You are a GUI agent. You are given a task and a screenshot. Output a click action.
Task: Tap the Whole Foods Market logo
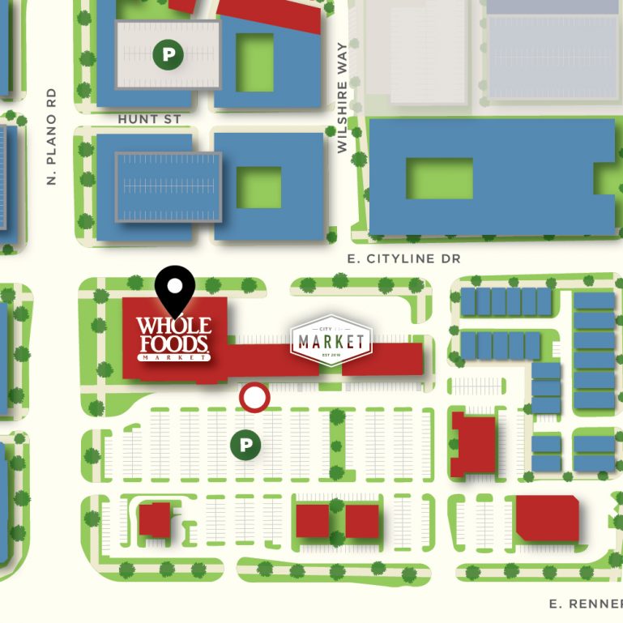(x=173, y=338)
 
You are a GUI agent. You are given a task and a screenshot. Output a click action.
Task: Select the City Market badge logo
(x=331, y=341)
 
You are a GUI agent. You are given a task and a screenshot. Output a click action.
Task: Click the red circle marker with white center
(x=254, y=398)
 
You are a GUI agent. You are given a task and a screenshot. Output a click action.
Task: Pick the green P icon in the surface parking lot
(x=245, y=445)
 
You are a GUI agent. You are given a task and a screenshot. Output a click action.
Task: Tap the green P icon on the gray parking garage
(x=169, y=55)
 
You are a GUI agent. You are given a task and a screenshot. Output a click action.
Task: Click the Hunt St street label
(x=149, y=119)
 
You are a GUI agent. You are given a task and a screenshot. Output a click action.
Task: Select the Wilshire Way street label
(x=342, y=97)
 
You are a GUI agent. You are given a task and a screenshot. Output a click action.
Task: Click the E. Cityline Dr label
(x=403, y=258)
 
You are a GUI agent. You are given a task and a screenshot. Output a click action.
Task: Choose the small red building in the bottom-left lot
(x=154, y=519)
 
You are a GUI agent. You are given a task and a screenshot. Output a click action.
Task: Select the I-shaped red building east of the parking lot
(x=472, y=443)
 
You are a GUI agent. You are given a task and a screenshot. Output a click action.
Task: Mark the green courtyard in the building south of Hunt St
(x=258, y=187)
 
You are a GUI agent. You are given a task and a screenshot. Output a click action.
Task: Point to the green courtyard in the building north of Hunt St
(x=254, y=62)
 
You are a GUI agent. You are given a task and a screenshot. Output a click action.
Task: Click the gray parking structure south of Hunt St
(x=169, y=186)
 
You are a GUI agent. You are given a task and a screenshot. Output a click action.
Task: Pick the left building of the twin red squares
(x=312, y=521)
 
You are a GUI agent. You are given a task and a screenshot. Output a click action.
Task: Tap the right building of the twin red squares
(x=361, y=521)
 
